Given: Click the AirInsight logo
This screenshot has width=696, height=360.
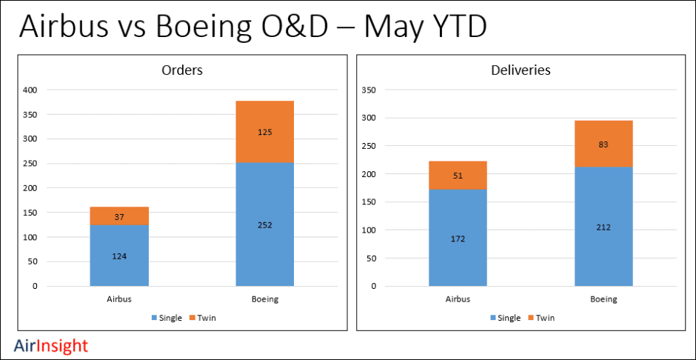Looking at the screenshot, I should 51,346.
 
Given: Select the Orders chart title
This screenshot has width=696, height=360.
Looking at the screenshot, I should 182,70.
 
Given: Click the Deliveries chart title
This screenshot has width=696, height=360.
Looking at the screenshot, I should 521,70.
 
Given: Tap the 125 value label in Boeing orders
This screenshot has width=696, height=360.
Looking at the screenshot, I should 265,133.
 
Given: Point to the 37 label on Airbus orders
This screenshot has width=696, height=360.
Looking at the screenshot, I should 119,217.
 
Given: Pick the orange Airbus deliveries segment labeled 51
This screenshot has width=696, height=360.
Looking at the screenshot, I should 458,176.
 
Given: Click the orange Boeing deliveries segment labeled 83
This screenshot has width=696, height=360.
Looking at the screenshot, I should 603,144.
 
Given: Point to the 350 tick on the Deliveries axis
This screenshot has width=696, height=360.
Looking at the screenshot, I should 368,90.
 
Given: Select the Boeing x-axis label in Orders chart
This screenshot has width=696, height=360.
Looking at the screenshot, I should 265,299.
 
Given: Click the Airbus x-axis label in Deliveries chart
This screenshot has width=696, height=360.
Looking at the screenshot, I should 458,299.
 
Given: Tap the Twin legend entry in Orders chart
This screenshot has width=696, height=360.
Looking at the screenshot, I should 204,318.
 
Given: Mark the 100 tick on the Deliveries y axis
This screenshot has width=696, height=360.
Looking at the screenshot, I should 368,230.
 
